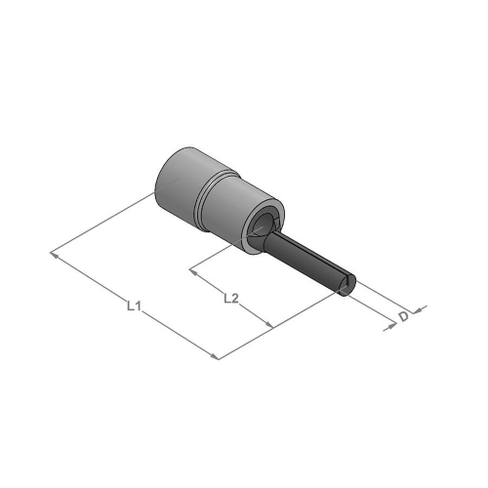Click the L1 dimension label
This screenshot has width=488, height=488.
(134, 306)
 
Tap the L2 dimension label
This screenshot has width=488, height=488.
(231, 299)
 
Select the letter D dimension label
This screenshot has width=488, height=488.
(404, 316)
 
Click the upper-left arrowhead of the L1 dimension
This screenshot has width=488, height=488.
(56, 255)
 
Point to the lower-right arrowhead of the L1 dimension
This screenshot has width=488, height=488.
(214, 356)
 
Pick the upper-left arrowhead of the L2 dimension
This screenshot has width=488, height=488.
(194, 271)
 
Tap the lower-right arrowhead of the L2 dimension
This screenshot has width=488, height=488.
(268, 324)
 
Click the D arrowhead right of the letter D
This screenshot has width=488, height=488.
(419, 309)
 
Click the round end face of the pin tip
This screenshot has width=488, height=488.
(347, 286)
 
